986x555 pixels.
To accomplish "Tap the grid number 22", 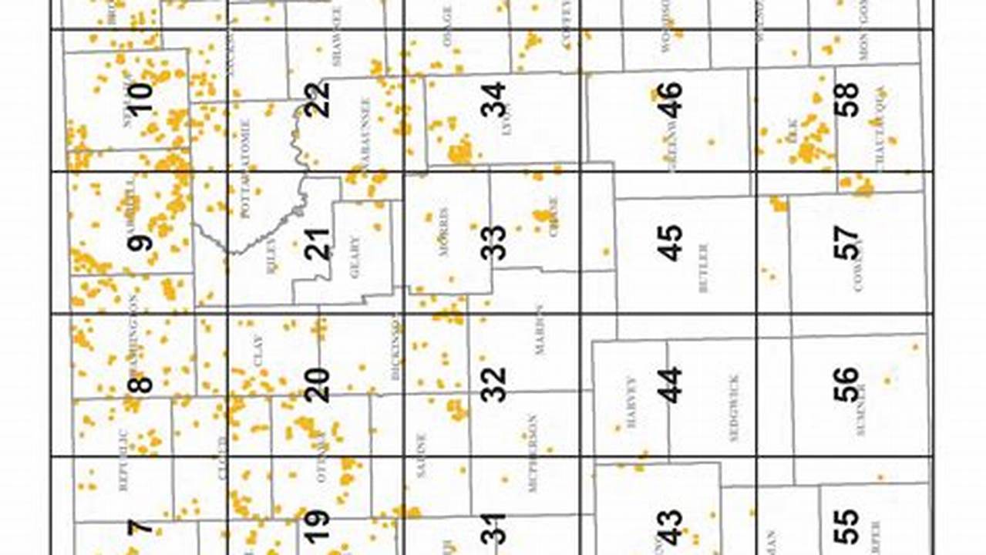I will pyautogui.click(x=317, y=99).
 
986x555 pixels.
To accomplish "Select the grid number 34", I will pyautogui.click(x=493, y=99).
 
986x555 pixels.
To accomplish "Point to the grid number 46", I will pyautogui.click(x=669, y=99).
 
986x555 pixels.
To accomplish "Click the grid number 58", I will pyautogui.click(x=846, y=99).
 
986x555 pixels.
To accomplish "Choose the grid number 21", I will pyautogui.click(x=317, y=243).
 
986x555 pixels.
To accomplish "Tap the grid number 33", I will pyautogui.click(x=493, y=243).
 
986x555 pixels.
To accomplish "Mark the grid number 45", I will pyautogui.click(x=669, y=243).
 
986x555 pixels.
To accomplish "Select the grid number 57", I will pyautogui.click(x=846, y=243).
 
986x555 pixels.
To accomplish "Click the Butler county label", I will pyautogui.click(x=703, y=268).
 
